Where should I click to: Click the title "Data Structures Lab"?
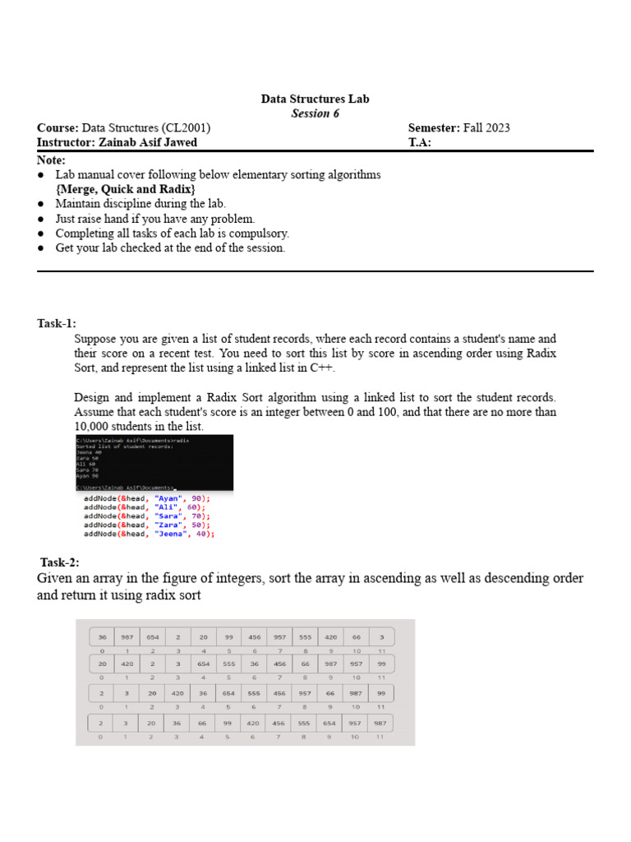point(315,99)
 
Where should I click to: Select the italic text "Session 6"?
point(315,113)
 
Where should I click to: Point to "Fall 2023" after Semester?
point(486,127)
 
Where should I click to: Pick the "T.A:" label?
point(420,142)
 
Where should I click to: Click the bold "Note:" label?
point(51,160)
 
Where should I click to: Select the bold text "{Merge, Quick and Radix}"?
point(126,189)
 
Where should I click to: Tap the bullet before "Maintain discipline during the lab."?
point(42,204)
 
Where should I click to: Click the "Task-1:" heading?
point(57,323)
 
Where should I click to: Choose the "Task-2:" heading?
point(60,562)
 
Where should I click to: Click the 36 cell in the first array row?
point(102,636)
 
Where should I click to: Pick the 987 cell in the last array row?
point(380,723)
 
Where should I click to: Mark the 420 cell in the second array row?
point(128,664)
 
